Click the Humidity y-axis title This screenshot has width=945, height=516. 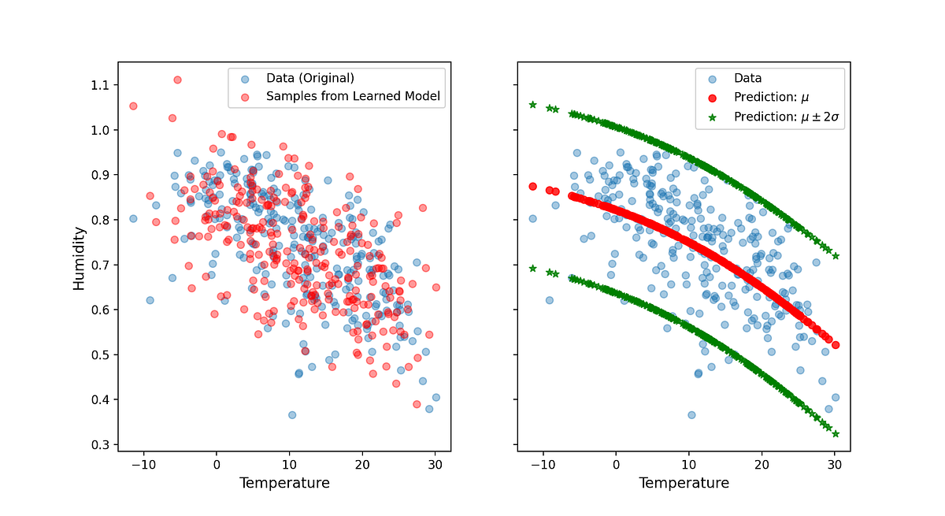79,260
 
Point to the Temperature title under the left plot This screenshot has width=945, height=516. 284,483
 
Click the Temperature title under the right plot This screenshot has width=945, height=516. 684,483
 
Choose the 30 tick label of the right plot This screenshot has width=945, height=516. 835,465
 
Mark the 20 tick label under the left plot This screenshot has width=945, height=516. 361,465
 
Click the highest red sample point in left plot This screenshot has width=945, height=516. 177,80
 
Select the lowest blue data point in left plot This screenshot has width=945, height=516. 292,414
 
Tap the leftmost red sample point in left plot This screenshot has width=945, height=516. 133,106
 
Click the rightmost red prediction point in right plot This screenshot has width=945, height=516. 836,345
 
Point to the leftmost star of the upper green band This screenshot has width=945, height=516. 532,105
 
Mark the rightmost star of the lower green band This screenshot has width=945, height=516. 836,434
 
